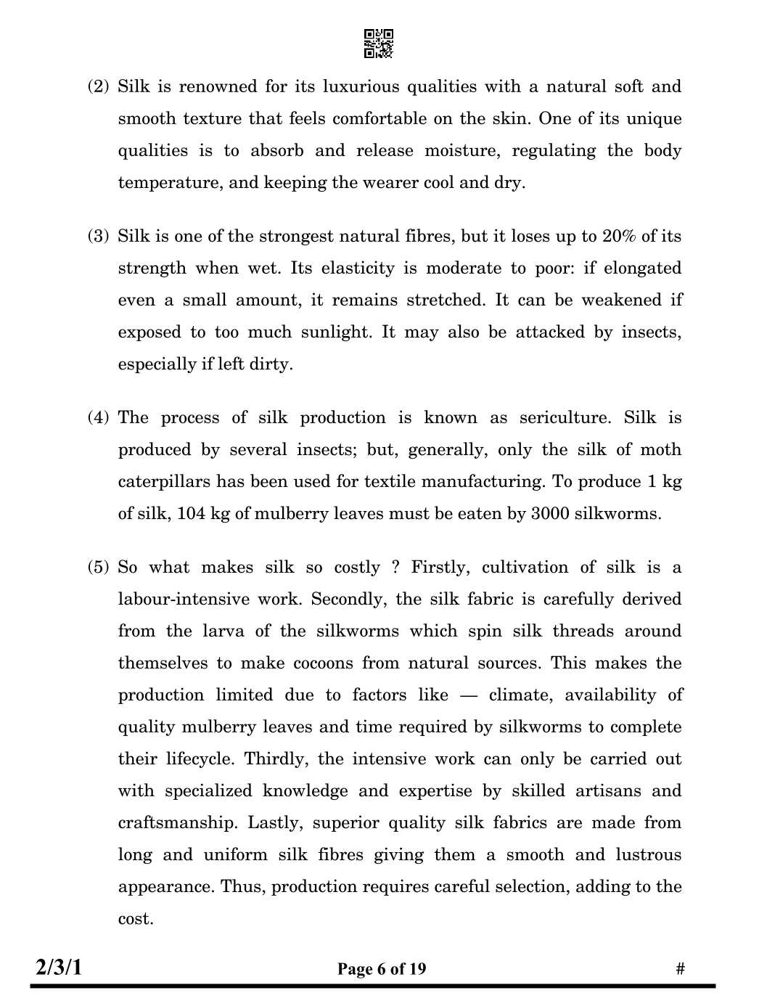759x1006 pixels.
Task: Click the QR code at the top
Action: pos(378,44)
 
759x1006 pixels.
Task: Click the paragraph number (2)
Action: pos(99,87)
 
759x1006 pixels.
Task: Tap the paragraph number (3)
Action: pos(99,237)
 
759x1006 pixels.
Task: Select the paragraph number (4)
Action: pos(99,418)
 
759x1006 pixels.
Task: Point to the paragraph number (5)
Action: pos(99,568)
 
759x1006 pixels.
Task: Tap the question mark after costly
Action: pos(395,568)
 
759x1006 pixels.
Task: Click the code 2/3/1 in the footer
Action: pos(60,968)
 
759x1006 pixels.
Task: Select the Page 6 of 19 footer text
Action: pos(382,969)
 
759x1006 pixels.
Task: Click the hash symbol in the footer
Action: pos(680,969)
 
